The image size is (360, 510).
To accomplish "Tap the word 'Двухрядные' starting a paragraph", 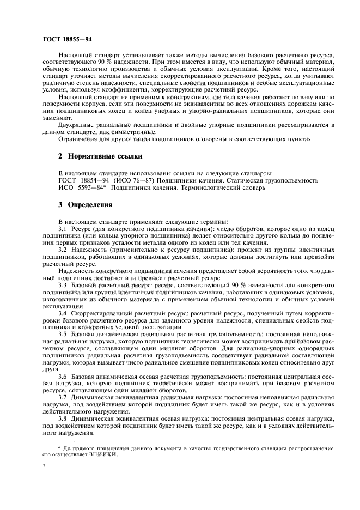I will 79,124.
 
